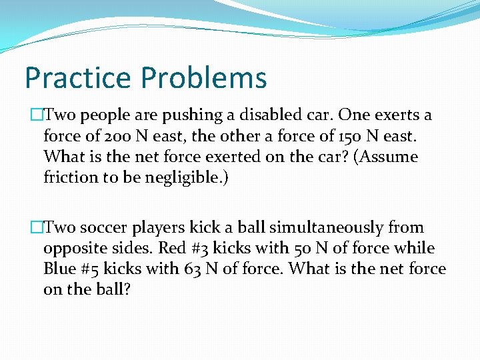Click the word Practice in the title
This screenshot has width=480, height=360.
point(77,78)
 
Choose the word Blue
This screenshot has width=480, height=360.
point(59,270)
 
